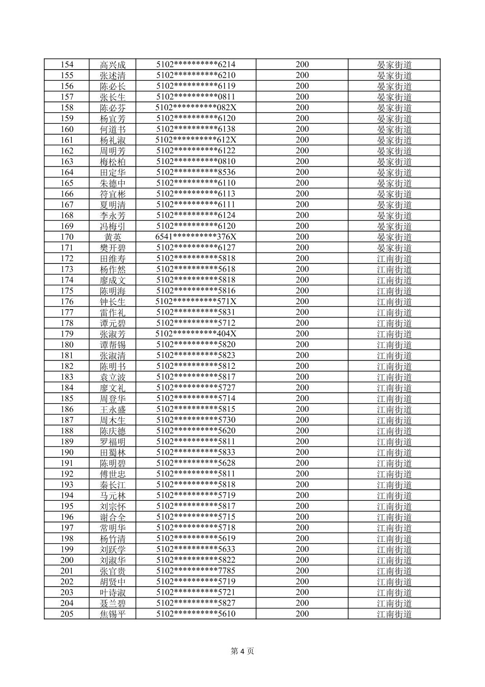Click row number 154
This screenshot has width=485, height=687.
(x=67, y=65)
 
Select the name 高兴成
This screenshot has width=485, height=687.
(x=112, y=65)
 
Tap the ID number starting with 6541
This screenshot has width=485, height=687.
(x=196, y=237)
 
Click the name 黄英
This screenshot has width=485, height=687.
(x=112, y=237)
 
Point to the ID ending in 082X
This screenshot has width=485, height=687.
(x=196, y=108)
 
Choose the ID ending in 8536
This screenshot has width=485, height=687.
(x=196, y=172)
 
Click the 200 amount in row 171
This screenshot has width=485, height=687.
(x=302, y=248)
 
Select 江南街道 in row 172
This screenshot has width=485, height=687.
(x=394, y=259)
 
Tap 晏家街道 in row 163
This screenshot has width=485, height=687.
(x=394, y=161)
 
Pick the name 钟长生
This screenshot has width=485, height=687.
(x=112, y=301)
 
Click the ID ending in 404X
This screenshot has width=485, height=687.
(x=196, y=334)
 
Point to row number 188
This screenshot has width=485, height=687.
(x=67, y=431)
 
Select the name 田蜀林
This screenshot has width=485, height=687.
(x=112, y=452)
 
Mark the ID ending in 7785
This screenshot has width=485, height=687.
(x=196, y=571)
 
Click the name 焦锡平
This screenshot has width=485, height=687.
(x=112, y=614)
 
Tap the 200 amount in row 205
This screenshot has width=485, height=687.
(x=302, y=614)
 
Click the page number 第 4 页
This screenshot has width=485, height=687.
(x=242, y=651)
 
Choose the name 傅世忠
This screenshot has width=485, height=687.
(x=112, y=474)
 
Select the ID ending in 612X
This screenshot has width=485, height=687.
(x=196, y=140)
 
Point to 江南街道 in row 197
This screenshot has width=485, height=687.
(x=394, y=527)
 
